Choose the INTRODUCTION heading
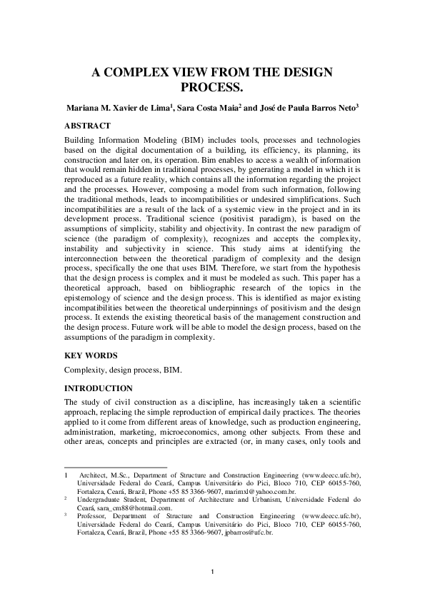click(99, 388)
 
